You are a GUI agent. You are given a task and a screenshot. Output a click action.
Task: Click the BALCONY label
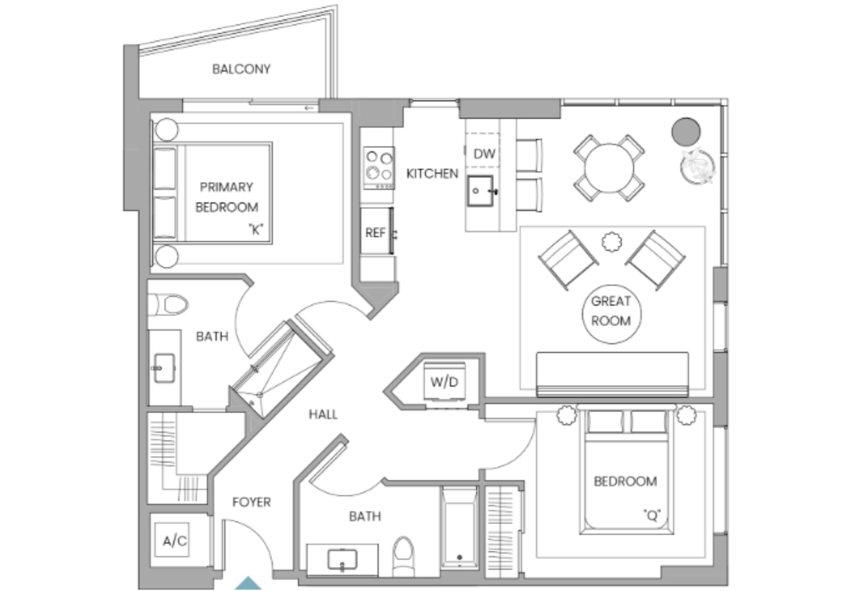241,69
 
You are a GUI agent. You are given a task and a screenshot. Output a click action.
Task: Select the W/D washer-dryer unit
444,381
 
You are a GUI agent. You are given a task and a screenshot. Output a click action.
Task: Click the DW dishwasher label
484,154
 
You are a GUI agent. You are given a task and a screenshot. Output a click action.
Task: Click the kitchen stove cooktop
379,168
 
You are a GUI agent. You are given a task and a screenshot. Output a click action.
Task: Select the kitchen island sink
480,191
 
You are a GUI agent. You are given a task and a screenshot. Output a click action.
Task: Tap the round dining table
609,168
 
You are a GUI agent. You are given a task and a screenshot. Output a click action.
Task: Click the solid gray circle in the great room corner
686,131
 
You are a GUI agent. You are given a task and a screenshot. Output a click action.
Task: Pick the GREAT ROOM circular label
611,311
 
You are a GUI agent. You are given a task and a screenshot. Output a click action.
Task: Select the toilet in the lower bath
403,556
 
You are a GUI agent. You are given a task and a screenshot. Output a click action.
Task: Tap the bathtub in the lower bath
459,528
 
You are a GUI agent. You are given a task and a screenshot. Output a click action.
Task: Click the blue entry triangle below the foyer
248,583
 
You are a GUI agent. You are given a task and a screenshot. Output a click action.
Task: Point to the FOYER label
251,502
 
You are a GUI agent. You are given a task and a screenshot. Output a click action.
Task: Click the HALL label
323,414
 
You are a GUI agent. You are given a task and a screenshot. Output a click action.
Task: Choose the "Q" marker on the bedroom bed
652,515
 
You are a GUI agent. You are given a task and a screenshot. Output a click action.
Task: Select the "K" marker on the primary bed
256,229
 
